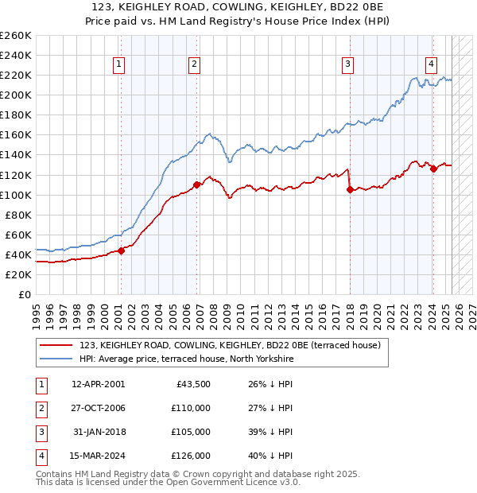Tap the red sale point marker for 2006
point(196,184)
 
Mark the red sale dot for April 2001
point(122,250)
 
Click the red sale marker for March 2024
point(433,169)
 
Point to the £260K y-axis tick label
point(16,35)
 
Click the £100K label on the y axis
point(16,195)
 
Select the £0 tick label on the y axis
point(25,294)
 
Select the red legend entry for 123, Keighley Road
point(230,345)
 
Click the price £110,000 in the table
point(190,408)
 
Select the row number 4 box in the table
point(39,456)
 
